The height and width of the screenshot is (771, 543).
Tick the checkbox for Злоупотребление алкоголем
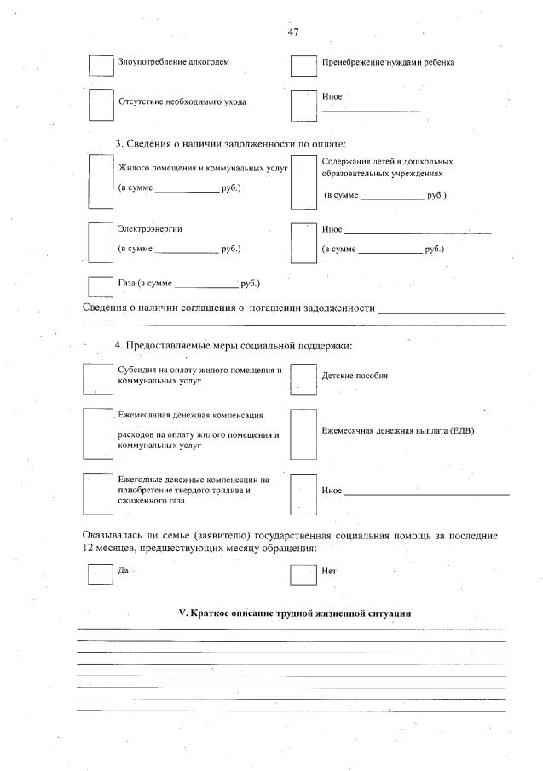pyautogui.click(x=101, y=65)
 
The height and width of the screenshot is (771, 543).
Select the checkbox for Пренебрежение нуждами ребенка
pyautogui.click(x=303, y=66)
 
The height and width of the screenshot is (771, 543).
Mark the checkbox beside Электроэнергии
pyautogui.click(x=101, y=242)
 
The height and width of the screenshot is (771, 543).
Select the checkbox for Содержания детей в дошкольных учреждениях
pyautogui.click(x=303, y=181)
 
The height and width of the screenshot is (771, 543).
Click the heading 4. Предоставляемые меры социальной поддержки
pyautogui.click(x=234, y=345)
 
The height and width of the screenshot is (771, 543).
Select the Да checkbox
pyautogui.click(x=101, y=574)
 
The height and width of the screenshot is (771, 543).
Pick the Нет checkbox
pyautogui.click(x=303, y=574)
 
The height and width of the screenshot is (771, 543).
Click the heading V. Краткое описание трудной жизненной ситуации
pyautogui.click(x=294, y=613)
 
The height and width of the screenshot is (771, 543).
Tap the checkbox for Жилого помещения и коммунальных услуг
pyautogui.click(x=101, y=181)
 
